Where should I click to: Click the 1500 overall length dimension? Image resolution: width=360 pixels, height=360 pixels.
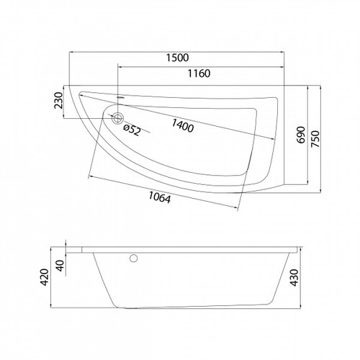pyautogui.click(x=178, y=58)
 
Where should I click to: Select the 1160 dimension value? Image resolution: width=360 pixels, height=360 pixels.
pyautogui.click(x=199, y=73)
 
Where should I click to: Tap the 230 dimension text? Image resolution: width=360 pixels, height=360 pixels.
pyautogui.click(x=58, y=100)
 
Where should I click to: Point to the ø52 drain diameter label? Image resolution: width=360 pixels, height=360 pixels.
pyautogui.click(x=132, y=130)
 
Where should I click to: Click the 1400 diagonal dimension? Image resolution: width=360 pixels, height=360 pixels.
pyautogui.click(x=182, y=125)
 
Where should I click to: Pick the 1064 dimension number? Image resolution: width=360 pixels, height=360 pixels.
pyautogui.click(x=160, y=197)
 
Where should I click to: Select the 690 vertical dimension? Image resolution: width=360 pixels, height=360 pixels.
pyautogui.click(x=300, y=135)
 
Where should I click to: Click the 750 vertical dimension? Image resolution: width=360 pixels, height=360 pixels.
pyautogui.click(x=315, y=139)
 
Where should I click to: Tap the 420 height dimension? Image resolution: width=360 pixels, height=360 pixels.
pyautogui.click(x=45, y=277)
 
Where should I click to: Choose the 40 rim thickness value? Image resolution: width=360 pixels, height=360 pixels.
pyautogui.click(x=61, y=266)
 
